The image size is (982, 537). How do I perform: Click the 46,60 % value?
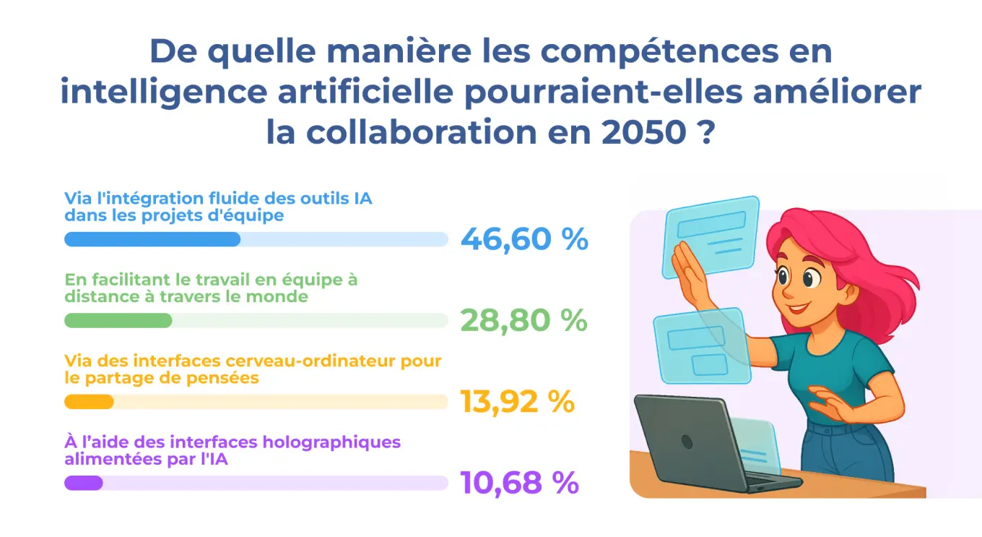pyautogui.click(x=524, y=239)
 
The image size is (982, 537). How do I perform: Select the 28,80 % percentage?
pyautogui.click(x=523, y=321)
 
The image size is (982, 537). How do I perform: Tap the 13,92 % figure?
pyautogui.click(x=517, y=402)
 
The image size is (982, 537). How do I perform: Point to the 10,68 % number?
pyautogui.click(x=519, y=483)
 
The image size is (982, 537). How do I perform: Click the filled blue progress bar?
pyautogui.click(x=152, y=239)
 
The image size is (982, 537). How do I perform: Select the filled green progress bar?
pyautogui.click(x=118, y=321)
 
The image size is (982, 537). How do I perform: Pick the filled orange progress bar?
pyautogui.click(x=90, y=402)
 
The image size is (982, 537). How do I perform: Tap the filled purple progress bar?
pyautogui.click(x=84, y=483)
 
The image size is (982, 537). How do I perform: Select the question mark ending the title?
pyautogui.click(x=707, y=132)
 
